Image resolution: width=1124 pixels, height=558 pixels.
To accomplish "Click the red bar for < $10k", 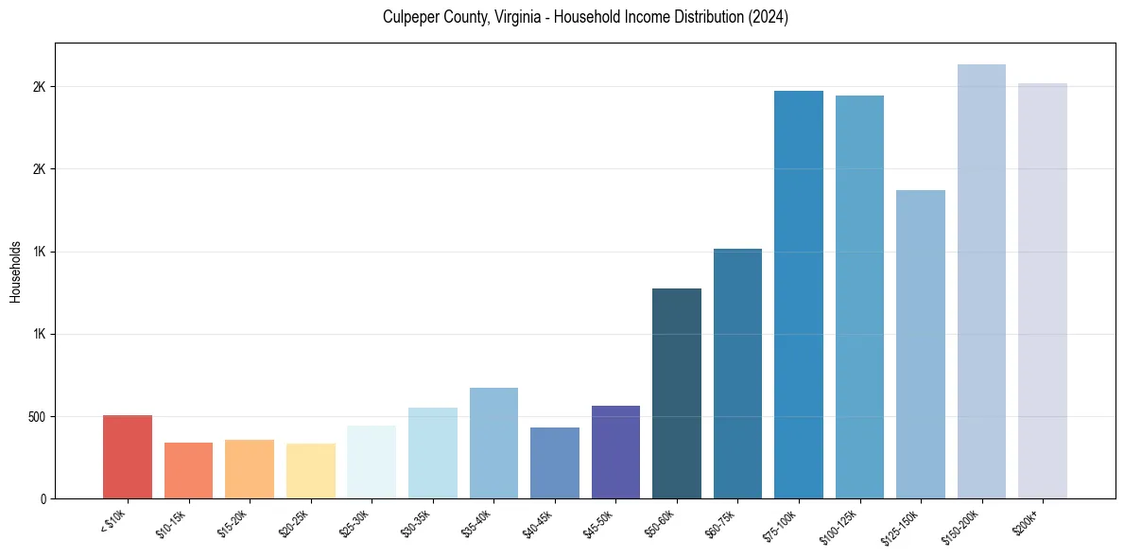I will [127, 457].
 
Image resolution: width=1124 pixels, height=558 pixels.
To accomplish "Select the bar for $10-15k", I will [188, 470].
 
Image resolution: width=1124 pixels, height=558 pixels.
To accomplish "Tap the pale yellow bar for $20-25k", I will [310, 471].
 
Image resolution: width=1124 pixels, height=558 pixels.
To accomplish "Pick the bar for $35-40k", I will [493, 443].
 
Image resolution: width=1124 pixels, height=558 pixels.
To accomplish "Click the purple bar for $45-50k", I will [615, 452].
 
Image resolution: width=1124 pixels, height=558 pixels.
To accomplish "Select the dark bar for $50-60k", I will [677, 393].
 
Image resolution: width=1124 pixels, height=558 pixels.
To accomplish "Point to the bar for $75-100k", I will [799, 294].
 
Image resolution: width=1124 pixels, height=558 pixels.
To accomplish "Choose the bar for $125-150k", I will [921, 344].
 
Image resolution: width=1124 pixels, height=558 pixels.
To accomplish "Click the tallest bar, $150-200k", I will [981, 281].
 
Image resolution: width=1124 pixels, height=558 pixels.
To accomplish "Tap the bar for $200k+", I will [1043, 290].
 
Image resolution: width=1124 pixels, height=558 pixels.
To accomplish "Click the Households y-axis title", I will [15, 271].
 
